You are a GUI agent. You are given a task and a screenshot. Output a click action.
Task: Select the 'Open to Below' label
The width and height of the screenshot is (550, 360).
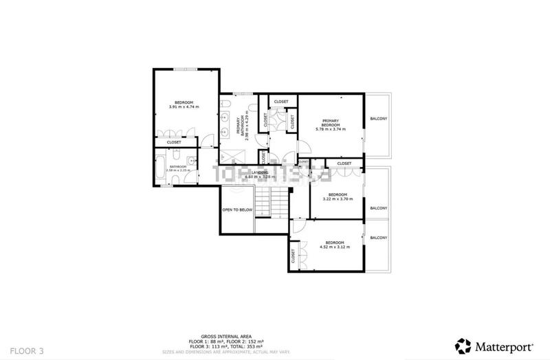237,210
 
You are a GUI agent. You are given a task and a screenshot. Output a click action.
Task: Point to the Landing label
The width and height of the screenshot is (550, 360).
259,174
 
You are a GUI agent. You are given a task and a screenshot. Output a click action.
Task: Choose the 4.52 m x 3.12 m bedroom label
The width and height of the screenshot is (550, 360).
334,245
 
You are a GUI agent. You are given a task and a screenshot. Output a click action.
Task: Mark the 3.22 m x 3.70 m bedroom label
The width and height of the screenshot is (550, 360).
337,197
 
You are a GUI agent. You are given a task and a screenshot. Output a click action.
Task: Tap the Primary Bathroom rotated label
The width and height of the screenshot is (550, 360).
241,126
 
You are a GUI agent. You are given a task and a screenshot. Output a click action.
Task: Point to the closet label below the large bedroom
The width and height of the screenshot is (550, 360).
174,142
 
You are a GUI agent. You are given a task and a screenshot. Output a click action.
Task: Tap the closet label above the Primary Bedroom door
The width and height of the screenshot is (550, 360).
281,102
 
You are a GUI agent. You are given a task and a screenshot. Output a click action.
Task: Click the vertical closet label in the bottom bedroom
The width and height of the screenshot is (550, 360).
294,256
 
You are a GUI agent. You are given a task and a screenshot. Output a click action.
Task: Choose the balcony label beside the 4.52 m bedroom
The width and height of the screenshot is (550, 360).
378,238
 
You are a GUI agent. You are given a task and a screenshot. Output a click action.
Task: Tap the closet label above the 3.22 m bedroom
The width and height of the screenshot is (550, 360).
344,163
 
